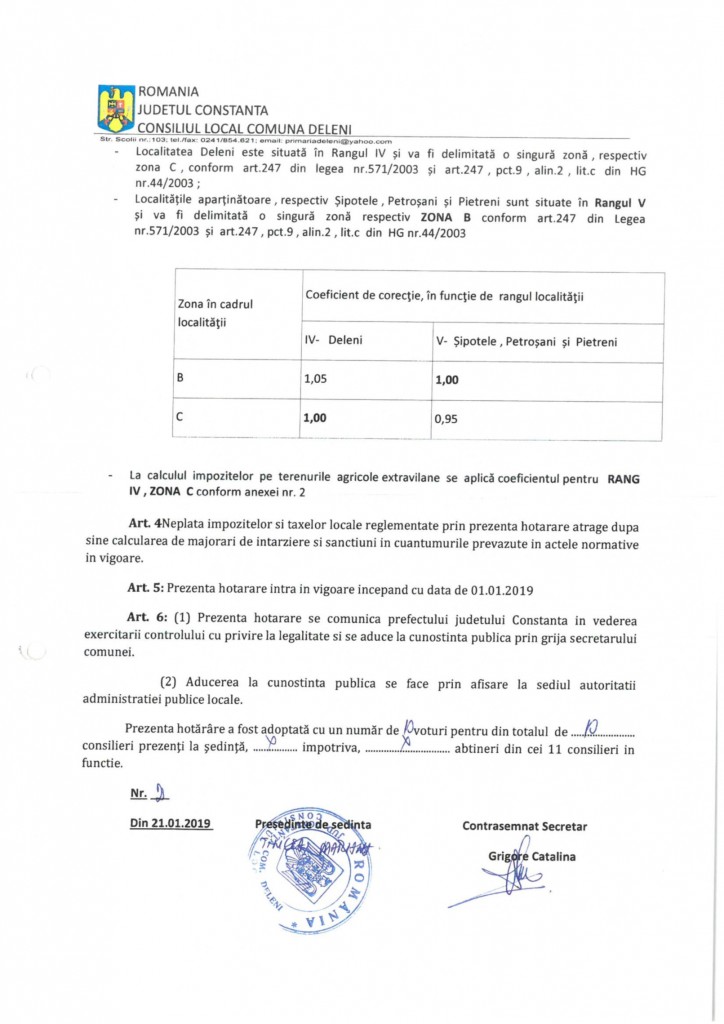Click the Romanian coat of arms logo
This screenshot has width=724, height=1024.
point(115,109)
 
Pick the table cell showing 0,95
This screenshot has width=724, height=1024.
point(446,421)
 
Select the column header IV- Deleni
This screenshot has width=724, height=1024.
point(333,340)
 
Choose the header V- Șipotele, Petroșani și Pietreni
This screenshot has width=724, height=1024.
point(526,342)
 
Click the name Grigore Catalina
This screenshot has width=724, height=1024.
point(532,857)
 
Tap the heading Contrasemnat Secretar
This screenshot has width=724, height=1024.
point(524,826)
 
